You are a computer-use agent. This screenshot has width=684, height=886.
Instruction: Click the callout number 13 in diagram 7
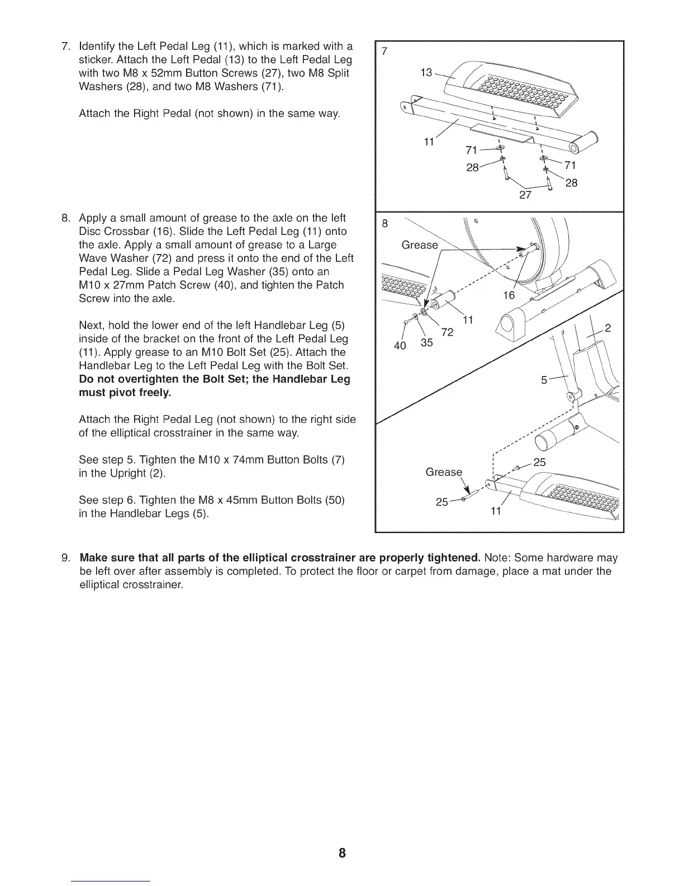pos(426,73)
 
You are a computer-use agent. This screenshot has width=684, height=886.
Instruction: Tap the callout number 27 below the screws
pos(525,195)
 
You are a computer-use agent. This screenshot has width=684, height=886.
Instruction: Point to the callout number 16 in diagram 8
pos(509,295)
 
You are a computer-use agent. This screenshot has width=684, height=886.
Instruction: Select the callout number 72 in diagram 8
pos(447,333)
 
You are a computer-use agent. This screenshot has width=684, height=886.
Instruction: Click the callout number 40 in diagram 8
pos(400,346)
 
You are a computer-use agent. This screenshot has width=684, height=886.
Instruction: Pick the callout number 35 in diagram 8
pos(426,342)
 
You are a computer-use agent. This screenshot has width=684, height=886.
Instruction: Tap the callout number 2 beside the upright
pos(609,328)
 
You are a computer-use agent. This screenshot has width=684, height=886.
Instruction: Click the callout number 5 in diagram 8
pos(544,380)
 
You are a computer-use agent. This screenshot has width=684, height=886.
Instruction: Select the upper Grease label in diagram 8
pos(420,245)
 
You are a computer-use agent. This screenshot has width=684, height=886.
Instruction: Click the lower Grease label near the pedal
pos(444,472)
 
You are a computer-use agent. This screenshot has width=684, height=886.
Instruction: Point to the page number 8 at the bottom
pos(342,853)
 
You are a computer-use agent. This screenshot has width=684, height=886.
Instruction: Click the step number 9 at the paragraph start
pos(66,558)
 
